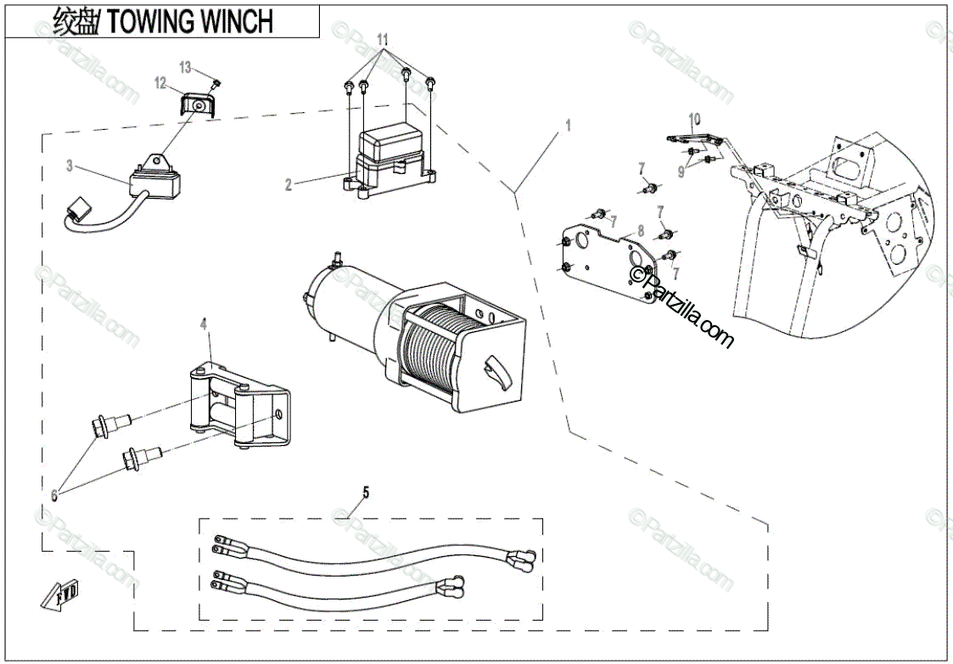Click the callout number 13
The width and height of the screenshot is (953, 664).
(x=186, y=67)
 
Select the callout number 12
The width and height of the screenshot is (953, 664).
(x=160, y=82)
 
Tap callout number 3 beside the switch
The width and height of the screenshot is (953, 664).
(x=70, y=166)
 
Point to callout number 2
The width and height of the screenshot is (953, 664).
(x=289, y=184)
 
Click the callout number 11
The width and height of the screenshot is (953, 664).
(x=383, y=40)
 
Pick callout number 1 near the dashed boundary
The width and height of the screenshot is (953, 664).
(x=568, y=125)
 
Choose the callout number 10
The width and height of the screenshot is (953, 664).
(x=694, y=117)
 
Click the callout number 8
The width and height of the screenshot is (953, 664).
(x=641, y=229)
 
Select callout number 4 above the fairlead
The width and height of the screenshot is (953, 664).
(x=204, y=324)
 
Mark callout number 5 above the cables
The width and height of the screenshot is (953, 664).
(x=366, y=492)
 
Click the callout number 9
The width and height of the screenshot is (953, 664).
(x=680, y=171)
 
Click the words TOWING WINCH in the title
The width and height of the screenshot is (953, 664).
(x=191, y=21)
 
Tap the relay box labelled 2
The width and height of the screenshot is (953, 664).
(x=393, y=161)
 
